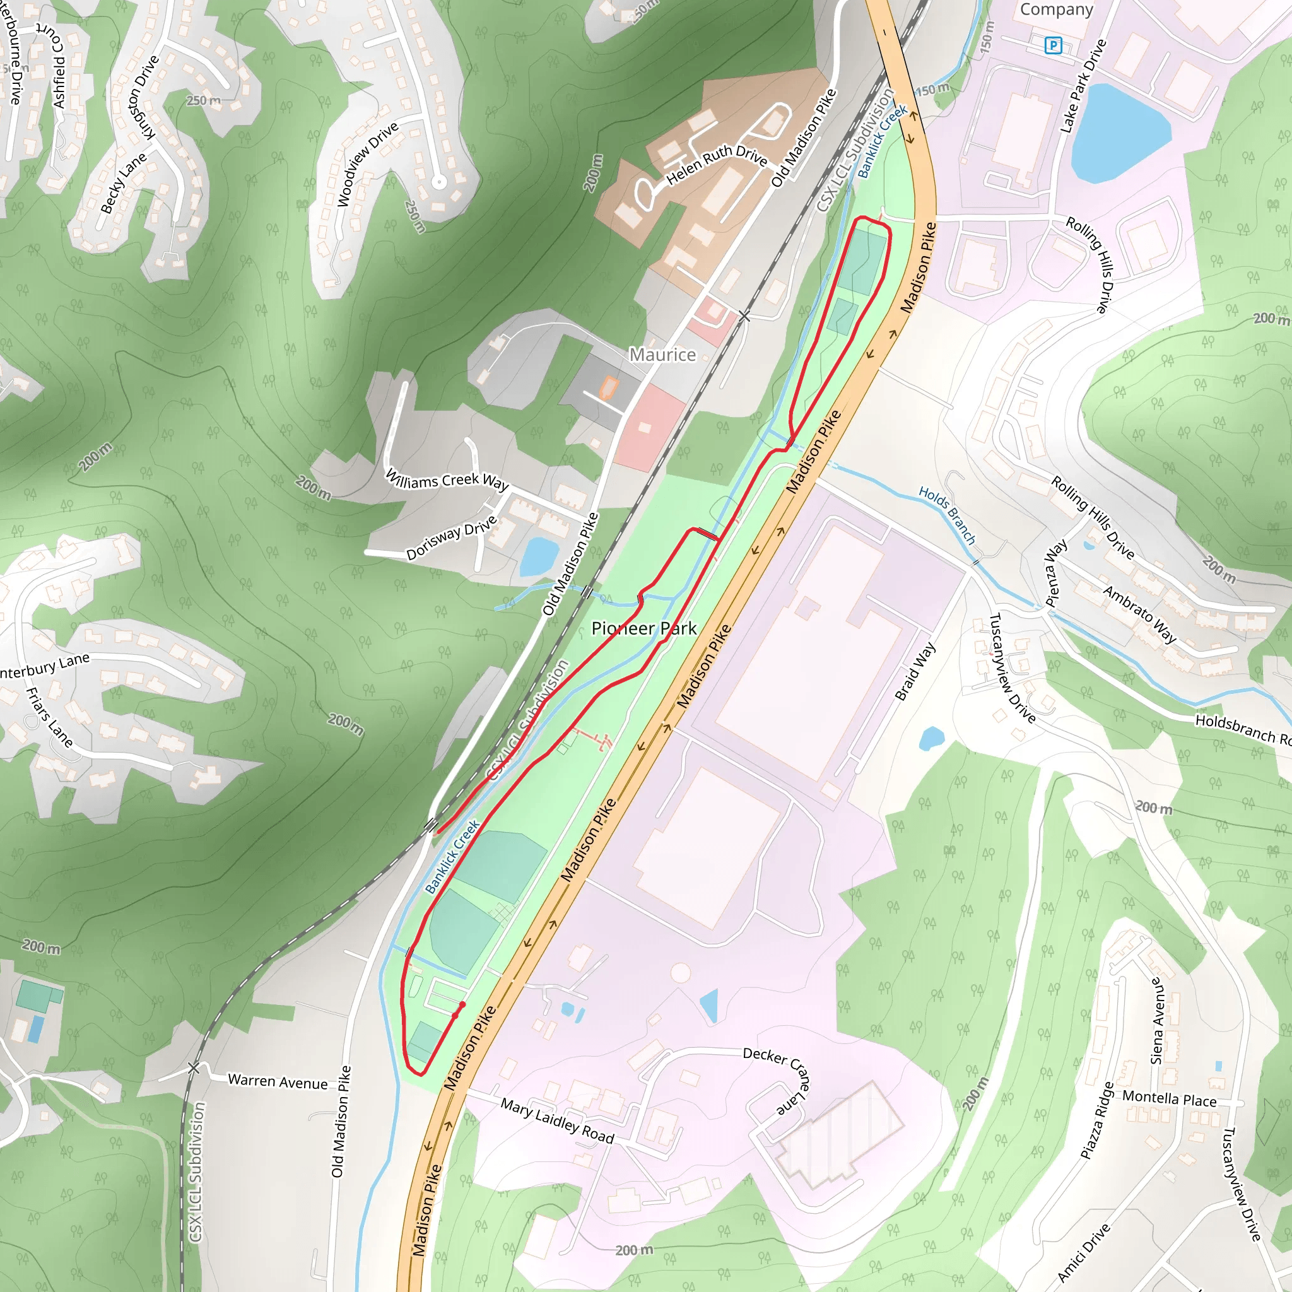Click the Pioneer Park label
pos(644,628)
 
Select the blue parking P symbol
pos(1054,45)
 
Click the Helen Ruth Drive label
pos(716,165)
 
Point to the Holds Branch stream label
pos(946,515)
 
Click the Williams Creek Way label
pos(447,479)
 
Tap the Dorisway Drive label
pos(452,537)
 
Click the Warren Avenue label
pos(278,1081)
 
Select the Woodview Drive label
pos(367,164)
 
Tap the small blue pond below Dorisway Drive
pos(539,556)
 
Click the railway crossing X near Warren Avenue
pos(193,1068)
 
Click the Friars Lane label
pos(49,717)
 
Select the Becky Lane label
pos(123,183)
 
